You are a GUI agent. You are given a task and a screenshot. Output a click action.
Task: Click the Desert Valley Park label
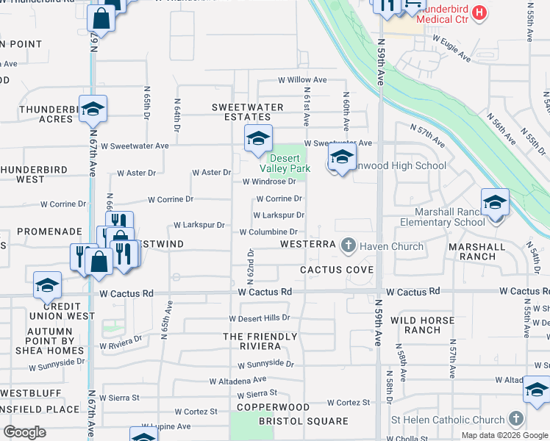click(x=290, y=163)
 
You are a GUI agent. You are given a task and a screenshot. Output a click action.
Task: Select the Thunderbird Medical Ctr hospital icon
click(x=479, y=12)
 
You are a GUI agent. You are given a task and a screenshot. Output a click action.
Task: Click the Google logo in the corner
click(x=24, y=431)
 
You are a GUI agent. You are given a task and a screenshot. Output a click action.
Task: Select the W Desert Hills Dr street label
click(x=260, y=319)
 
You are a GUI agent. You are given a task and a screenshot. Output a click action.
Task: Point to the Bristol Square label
click(x=303, y=421)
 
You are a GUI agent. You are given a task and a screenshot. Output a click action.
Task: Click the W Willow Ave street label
click(x=301, y=79)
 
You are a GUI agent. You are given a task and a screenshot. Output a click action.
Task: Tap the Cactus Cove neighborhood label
click(x=337, y=270)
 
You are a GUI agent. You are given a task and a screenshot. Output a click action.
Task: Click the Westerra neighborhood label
click(x=308, y=244)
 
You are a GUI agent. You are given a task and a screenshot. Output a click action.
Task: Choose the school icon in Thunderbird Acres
click(x=93, y=108)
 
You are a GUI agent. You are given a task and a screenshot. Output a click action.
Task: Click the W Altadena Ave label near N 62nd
click(x=238, y=381)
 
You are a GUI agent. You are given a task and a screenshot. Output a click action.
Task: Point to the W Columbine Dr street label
click(x=268, y=232)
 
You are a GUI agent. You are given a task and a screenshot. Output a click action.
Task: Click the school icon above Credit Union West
click(x=48, y=284)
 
